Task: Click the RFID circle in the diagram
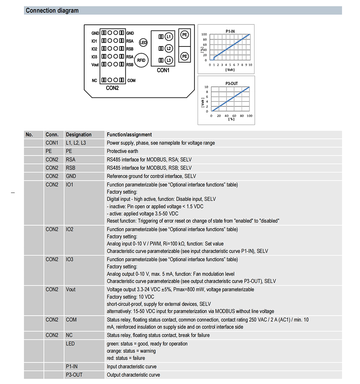pos(141,60)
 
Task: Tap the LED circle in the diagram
pos(143,42)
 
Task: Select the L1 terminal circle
pos(169,37)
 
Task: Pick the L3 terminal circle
pos(169,60)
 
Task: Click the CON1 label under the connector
pos(163,71)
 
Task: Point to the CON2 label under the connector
pos(112,88)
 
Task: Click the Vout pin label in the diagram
pos(95,65)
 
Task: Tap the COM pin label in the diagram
pos(131,81)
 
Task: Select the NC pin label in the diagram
pos(94,81)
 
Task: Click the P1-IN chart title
pos(230,31)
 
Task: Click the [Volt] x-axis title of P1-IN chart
pos(230,69)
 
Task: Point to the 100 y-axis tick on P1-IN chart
pos(204,35)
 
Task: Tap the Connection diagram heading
pos(52,10)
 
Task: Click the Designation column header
pos(78,135)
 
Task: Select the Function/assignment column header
pos(129,135)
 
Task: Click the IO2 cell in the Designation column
pos(70,229)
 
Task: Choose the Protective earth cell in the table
pos(122,151)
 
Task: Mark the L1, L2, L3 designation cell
pos(76,143)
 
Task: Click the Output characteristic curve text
pos(134,375)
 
